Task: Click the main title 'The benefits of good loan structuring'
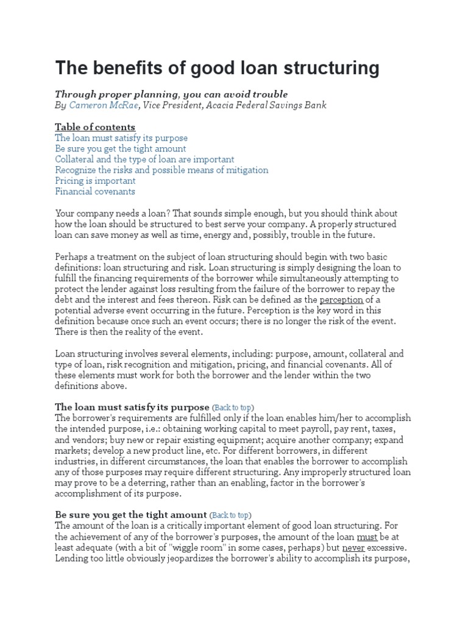point(217,68)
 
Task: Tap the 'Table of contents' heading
point(95,127)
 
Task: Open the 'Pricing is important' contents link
point(95,181)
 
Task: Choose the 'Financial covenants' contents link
point(95,192)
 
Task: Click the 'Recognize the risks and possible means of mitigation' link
point(161,170)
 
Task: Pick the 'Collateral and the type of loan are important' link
point(144,159)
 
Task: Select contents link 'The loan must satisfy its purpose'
point(121,138)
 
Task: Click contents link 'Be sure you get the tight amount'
point(121,149)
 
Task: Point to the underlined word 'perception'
point(341,300)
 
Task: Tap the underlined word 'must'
point(366,537)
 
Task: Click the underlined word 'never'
point(354,548)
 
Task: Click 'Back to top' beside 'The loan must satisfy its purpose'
point(233,407)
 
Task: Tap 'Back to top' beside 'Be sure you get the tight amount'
point(230,515)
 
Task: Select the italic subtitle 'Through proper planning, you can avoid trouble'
point(171,94)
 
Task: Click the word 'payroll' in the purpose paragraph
point(336,429)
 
